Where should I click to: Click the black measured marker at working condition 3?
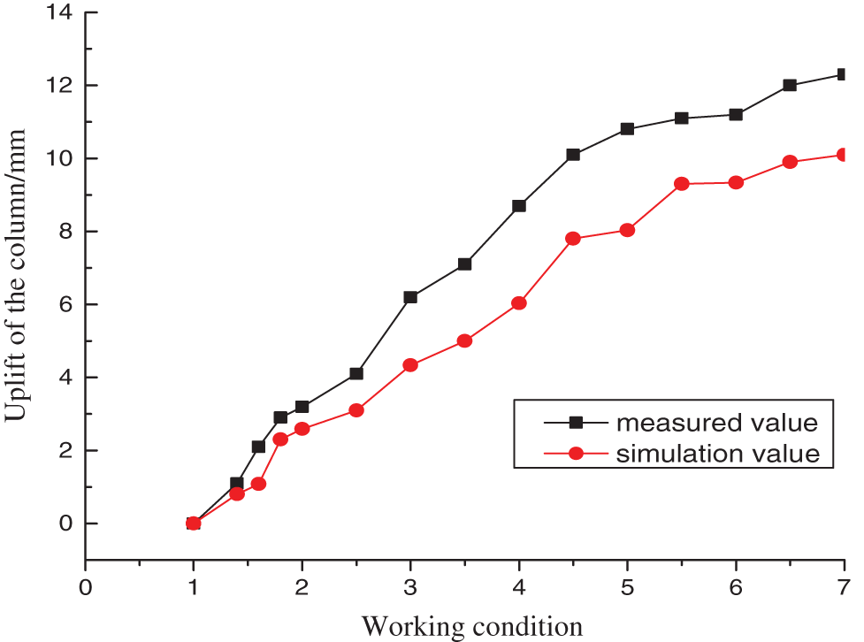pos(410,297)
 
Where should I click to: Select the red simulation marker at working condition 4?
pos(519,302)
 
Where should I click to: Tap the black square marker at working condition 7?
pos(843,75)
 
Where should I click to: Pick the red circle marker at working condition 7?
pos(843,155)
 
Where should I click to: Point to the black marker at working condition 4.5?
pos(573,155)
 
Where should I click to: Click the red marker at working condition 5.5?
pos(681,184)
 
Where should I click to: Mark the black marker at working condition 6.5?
pos(790,86)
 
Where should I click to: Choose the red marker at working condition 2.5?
pos(356,410)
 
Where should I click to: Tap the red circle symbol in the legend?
pos(576,454)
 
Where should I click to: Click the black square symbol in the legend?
pos(576,420)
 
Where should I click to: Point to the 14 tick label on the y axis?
pos(60,13)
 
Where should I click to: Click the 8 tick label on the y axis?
pos(65,232)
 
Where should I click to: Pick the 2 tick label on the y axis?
pos(65,450)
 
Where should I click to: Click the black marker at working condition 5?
pos(627,129)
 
